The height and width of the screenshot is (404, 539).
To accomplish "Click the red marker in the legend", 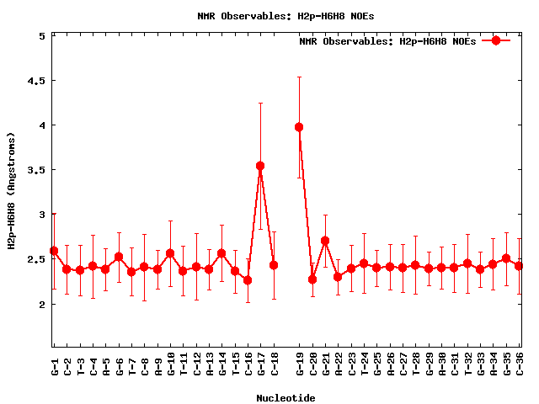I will [x=496, y=40].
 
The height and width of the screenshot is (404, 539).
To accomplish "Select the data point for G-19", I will [x=299, y=127].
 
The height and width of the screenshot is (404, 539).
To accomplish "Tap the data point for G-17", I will [x=260, y=166].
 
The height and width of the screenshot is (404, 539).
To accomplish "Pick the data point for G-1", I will [x=54, y=251].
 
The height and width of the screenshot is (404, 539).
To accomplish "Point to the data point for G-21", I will [x=325, y=241].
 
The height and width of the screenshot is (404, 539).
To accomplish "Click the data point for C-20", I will [x=312, y=279].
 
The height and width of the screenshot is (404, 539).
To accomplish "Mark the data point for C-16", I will [x=248, y=280].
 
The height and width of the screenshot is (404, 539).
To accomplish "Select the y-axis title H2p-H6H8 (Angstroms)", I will [x=12, y=191].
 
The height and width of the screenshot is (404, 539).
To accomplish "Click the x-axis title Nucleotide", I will [x=286, y=397].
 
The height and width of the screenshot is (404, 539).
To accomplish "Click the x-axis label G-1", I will [x=54, y=366].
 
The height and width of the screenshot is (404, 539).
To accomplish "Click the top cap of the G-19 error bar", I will [x=299, y=77].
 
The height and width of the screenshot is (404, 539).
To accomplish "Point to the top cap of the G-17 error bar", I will [x=260, y=103].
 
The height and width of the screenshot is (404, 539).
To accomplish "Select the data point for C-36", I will [x=520, y=266].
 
